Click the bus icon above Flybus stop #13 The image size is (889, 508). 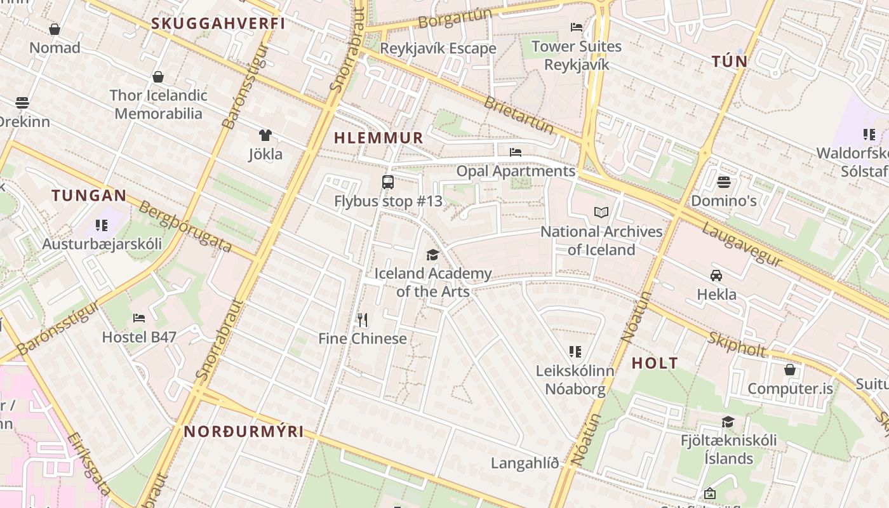[x=387, y=182]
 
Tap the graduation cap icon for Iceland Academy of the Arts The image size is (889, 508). [x=432, y=255]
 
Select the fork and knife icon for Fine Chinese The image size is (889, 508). [x=362, y=319]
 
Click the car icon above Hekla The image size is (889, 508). [x=716, y=276]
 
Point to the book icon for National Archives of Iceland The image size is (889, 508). [x=601, y=213]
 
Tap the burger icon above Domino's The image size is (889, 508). [x=723, y=182]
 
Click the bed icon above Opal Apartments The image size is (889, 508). [x=516, y=152]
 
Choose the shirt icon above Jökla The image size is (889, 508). [x=265, y=135]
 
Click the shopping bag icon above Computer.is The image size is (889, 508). [x=789, y=370]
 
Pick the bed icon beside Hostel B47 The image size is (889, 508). [x=139, y=318]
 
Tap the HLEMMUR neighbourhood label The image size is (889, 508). [x=378, y=138]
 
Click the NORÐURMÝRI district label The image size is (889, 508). [x=244, y=432]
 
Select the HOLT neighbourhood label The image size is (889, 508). [x=655, y=363]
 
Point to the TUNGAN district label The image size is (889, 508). [x=89, y=195]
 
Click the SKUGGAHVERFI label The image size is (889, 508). [x=218, y=23]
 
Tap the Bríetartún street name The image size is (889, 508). [x=519, y=115]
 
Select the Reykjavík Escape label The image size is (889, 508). [x=438, y=48]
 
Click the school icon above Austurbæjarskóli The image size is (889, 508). [x=102, y=225]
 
